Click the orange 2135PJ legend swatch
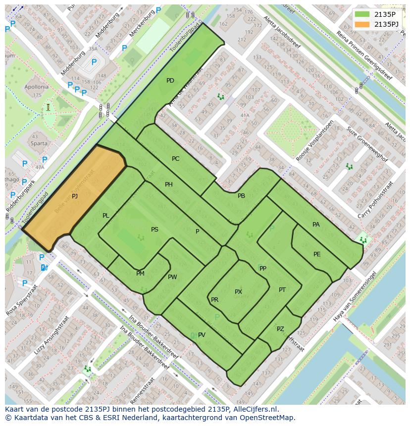click(362, 24)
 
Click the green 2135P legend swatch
click(362, 14)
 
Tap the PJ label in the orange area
click(75, 196)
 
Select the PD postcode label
click(170, 81)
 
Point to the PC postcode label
click(176, 159)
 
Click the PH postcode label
click(169, 185)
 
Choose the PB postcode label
click(241, 196)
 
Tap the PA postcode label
click(316, 225)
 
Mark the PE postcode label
click(317, 254)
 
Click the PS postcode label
click(155, 230)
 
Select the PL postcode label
click(106, 216)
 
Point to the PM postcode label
click(140, 274)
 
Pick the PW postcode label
click(172, 277)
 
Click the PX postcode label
click(238, 292)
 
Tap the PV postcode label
click(202, 335)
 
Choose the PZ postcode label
click(280, 329)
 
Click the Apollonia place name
click(37, 87)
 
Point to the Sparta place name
click(39, 144)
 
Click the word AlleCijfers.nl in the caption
click(255, 409)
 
